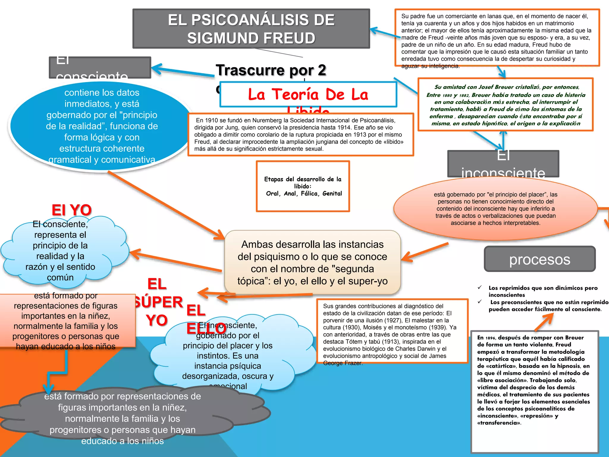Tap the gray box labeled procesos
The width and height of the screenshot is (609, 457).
539,259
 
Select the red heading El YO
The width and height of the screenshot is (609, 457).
71,210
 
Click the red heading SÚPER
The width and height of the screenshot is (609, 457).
158,302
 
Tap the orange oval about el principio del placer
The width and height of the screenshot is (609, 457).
495,208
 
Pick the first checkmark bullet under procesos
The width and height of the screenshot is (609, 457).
480,287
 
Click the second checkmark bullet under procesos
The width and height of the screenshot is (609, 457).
480,302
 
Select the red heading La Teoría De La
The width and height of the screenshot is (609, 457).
308,94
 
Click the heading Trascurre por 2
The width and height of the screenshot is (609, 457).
271,71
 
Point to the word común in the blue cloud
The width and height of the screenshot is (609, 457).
60,278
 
